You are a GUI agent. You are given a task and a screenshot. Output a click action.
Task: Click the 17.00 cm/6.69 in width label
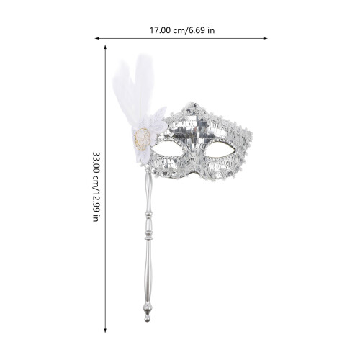click(x=182, y=30)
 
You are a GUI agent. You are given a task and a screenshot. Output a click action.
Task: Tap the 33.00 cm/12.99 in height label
click(x=96, y=186)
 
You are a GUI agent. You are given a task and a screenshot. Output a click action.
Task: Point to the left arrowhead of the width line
click(x=97, y=38)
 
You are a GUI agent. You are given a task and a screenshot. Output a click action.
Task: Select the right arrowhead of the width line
click(x=265, y=38)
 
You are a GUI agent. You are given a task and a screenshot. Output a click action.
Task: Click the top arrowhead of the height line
click(x=105, y=47)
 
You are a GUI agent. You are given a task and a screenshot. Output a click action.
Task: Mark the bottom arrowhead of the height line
click(x=105, y=330)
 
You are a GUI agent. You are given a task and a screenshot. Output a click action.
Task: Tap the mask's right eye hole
click(x=220, y=150)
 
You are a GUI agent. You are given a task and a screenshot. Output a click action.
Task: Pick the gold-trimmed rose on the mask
click(x=142, y=139)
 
